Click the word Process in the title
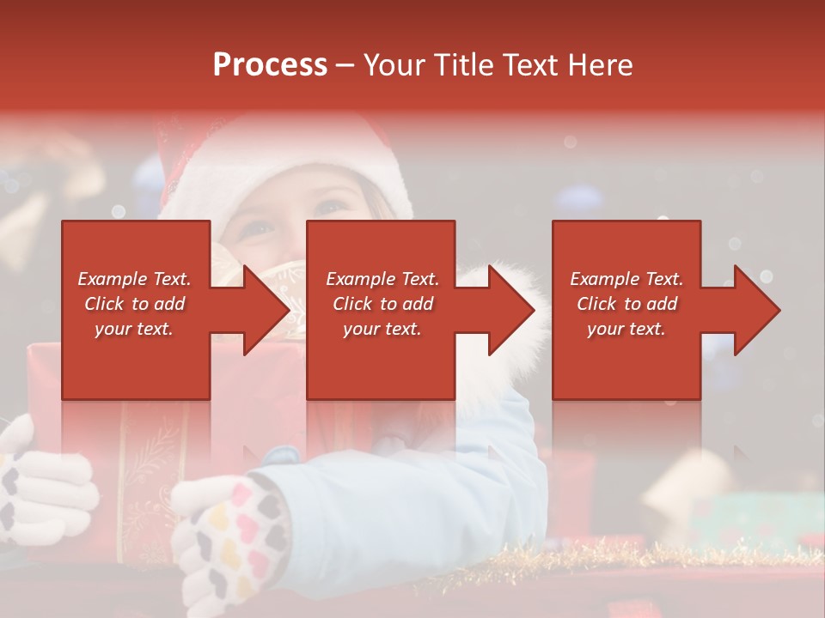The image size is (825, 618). [x=270, y=65]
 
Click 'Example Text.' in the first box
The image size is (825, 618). [x=134, y=279]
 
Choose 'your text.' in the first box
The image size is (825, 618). [x=134, y=329]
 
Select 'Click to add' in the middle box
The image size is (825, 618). [x=382, y=304]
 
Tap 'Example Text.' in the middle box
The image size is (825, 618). [x=382, y=279]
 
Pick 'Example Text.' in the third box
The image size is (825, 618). [x=626, y=279]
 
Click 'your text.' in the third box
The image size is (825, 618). [x=626, y=329]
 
